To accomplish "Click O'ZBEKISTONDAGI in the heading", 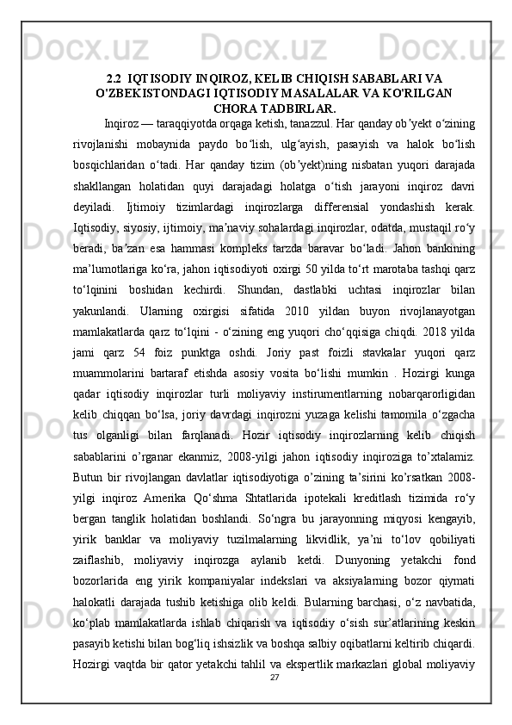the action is [149, 95].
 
